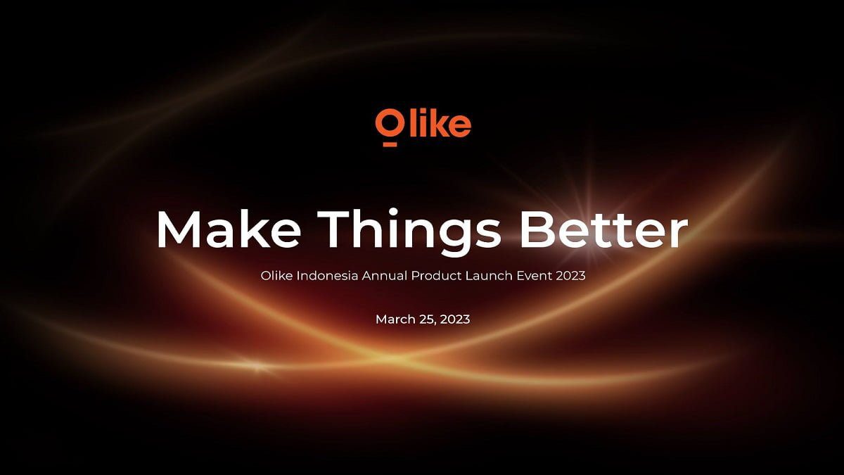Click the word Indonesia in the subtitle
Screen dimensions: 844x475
tap(327, 276)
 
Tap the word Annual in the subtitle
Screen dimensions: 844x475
tap(385, 276)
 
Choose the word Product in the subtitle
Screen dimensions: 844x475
tap(436, 276)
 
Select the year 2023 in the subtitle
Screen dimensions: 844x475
tap(571, 276)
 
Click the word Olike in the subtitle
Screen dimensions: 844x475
tap(276, 276)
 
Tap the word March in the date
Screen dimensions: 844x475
tap(395, 319)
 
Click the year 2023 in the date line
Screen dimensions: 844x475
tap(455, 319)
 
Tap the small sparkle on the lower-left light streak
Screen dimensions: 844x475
tap(257, 366)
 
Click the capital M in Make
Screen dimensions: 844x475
tap(178, 229)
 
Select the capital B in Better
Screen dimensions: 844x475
tap(536, 229)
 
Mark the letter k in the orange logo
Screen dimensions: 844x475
tap(440, 122)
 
